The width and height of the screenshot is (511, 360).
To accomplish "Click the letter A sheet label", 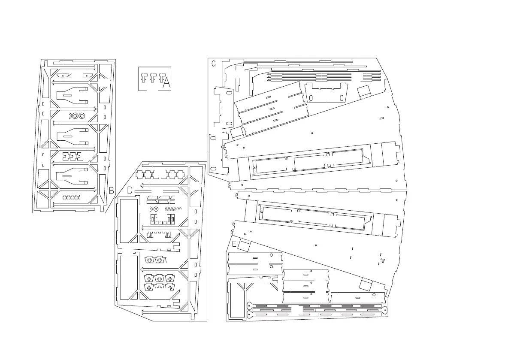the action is (166, 83).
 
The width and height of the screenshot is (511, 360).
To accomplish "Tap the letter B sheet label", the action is (111, 190).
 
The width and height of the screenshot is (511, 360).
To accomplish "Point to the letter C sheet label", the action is (214, 63).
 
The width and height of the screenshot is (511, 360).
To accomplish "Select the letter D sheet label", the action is (130, 190).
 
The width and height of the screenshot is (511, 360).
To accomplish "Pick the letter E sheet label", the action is (234, 244).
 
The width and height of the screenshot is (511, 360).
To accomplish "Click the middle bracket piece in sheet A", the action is (152, 78).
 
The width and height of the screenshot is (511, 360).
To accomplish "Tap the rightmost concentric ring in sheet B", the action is (82, 116).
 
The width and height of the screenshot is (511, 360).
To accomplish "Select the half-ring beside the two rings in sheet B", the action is (70, 116).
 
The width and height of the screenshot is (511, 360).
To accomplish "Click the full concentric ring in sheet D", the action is (156, 209).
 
